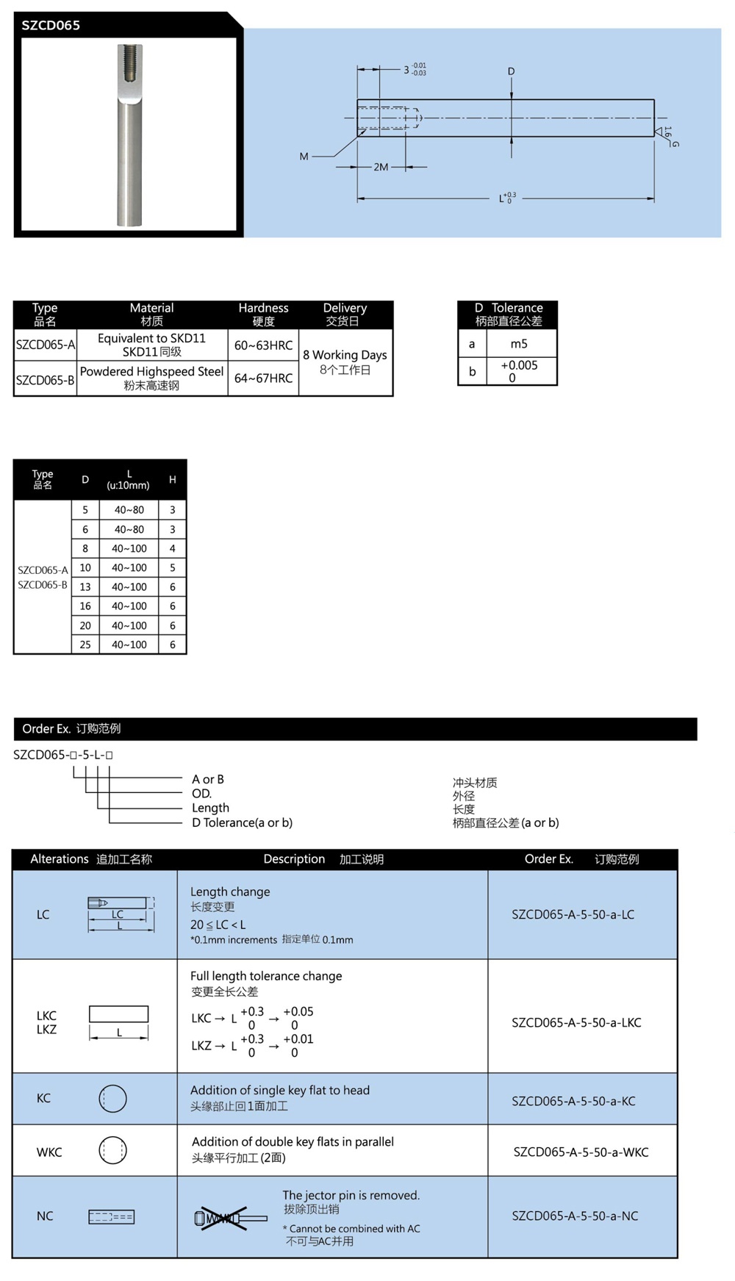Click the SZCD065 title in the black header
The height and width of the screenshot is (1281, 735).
click(x=51, y=25)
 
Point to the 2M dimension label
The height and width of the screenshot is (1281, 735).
click(x=381, y=168)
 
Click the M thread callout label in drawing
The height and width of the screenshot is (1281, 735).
click(x=304, y=157)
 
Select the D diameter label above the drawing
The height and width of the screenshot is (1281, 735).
click(x=511, y=71)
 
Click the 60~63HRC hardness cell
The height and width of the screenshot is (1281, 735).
click(x=263, y=345)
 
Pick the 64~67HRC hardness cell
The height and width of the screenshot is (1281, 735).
click(x=263, y=378)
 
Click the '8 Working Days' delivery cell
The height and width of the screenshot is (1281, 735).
click(x=345, y=355)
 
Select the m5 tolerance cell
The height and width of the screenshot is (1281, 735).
click(x=519, y=344)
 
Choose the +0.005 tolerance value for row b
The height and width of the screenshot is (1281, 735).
click(x=519, y=366)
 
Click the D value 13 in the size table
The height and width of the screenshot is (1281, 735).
click(x=85, y=587)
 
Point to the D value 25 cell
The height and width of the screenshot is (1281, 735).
click(x=85, y=645)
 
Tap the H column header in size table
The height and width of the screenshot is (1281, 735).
click(x=173, y=480)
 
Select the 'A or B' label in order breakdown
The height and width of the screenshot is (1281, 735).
click(x=208, y=779)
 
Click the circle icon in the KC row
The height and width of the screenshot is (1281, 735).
click(x=112, y=1099)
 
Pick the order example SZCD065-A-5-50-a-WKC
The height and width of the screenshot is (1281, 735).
click(x=581, y=1152)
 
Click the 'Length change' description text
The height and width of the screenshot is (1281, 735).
click(x=230, y=891)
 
